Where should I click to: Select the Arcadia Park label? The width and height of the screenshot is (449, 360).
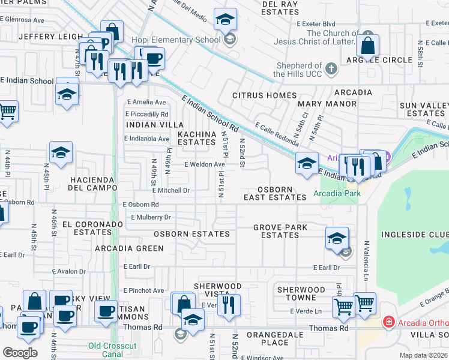tap(336, 194)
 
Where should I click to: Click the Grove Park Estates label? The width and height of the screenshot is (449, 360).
tap(280, 231)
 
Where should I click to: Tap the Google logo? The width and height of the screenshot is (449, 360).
tap(20, 352)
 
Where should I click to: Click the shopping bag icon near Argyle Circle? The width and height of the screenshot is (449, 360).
tap(367, 46)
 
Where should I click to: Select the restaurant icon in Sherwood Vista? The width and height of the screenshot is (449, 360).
tap(228, 305)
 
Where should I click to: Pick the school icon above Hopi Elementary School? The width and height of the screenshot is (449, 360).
tap(226, 21)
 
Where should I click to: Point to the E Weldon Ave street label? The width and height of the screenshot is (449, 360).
tap(205, 164)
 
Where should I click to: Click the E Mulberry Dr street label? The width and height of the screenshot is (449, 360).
tap(146, 217)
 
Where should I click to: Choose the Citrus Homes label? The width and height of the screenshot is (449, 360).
tap(264, 95)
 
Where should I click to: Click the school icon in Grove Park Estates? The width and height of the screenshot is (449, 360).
tap(337, 238)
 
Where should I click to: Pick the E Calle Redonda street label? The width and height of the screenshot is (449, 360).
tap(277, 134)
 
